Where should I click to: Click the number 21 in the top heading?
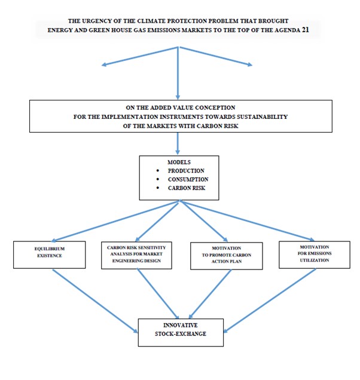305,30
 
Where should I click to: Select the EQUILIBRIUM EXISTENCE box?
49,255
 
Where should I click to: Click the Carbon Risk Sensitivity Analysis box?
136,255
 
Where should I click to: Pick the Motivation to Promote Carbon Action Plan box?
226,256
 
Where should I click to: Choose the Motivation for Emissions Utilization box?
315,255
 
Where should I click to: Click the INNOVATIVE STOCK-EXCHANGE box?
181,332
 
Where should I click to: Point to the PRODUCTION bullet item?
186,171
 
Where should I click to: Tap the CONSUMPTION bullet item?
188,179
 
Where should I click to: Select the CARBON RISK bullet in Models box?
187,188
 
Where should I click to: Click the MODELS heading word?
179,162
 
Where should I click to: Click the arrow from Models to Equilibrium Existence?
115,221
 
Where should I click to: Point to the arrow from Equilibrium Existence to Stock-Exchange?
95,301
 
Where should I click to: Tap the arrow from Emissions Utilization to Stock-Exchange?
270,301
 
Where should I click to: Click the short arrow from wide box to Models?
178,143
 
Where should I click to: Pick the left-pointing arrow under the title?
140,57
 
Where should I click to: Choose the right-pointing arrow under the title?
216,57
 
